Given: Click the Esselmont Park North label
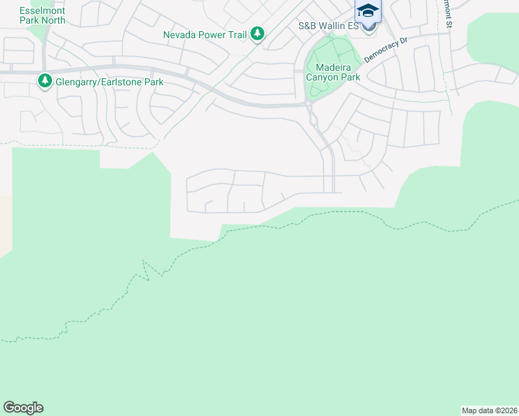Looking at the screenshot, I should coord(42,15).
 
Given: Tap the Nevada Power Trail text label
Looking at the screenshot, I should coord(205,34).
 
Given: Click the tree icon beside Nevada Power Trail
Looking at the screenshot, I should coord(257,33).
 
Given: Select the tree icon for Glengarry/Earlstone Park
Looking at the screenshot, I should coord(45,82).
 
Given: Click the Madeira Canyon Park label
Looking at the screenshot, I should coord(333,72).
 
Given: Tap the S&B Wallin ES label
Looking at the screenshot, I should coord(328,26).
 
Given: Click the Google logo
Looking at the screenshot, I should coord(23,408).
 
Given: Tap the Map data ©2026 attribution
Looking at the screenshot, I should coord(489,410).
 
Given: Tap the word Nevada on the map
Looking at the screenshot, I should coord(179,34).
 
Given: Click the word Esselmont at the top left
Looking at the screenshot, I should coord(43,10).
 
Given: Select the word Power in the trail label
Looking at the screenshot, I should coord(210,34).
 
